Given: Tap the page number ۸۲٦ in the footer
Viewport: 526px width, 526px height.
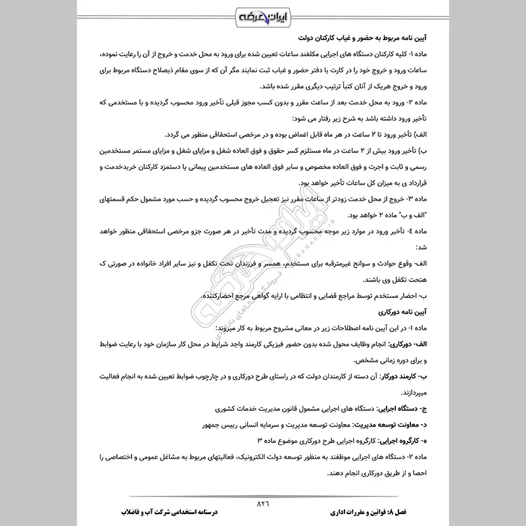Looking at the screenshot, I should [263, 504].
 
